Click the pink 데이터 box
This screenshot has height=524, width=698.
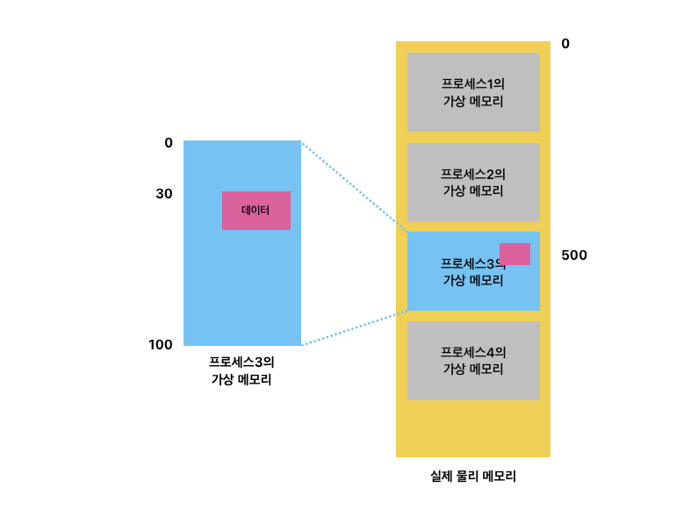[255, 211]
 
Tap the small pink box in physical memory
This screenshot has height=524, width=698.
[515, 254]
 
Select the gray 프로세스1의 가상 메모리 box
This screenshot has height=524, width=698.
[473, 92]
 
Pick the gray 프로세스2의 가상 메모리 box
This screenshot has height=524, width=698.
[473, 182]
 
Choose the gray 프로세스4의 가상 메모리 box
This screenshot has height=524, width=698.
[473, 360]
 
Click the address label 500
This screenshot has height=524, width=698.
[573, 255]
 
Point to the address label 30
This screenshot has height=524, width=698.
[163, 194]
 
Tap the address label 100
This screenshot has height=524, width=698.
[161, 345]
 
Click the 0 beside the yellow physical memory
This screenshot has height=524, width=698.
[565, 44]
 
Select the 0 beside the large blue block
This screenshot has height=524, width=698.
[168, 143]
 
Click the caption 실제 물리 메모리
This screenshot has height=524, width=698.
[472, 477]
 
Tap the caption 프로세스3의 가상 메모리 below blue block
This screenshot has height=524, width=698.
[241, 370]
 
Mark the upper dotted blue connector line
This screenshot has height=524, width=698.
[354, 186]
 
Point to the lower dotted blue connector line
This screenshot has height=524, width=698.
[355, 327]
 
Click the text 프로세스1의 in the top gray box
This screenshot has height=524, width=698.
[473, 84]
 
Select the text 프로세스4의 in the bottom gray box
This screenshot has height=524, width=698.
[473, 352]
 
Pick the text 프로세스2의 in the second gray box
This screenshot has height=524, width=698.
[473, 174]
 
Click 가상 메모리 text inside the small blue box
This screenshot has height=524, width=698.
[473, 281]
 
